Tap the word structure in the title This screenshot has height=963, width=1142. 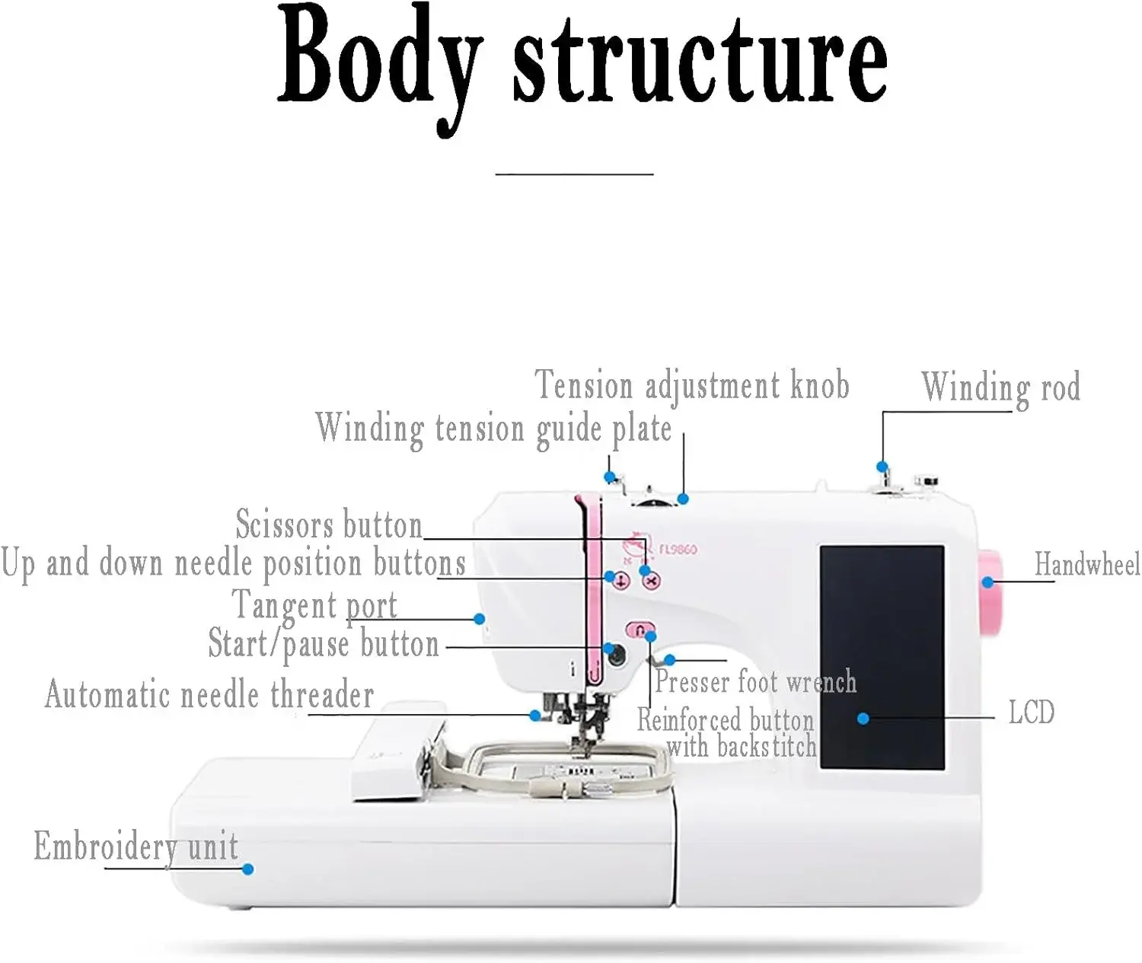(x=700, y=61)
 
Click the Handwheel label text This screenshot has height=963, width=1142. (x=1087, y=564)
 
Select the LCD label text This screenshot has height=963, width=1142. (x=1032, y=712)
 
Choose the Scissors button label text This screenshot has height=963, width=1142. (x=329, y=524)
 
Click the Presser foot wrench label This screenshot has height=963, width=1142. (x=756, y=681)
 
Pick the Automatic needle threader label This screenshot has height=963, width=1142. (x=209, y=694)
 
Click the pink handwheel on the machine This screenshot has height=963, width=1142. (x=991, y=593)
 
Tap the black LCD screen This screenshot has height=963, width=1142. (x=882, y=657)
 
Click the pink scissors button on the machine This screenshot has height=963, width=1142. (x=651, y=582)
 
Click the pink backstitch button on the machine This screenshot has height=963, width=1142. (x=640, y=630)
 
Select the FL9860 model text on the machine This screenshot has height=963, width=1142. (x=678, y=549)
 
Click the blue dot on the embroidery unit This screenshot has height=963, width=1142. (x=247, y=869)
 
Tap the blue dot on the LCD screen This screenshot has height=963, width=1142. (x=863, y=719)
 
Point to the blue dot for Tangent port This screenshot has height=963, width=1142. (x=479, y=619)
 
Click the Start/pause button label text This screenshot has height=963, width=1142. (x=324, y=643)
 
